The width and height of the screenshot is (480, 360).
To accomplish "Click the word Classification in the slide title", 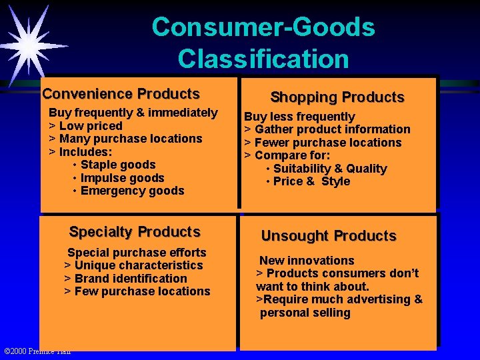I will tap(263, 59).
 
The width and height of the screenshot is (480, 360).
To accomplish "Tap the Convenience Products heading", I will tap(121, 94).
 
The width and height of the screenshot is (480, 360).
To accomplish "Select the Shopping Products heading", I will tap(337, 97).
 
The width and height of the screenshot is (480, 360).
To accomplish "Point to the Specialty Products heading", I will tap(135, 232).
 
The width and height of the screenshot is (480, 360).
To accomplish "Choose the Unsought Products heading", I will tap(329, 236).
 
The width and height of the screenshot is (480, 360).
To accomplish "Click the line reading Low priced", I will tap(86, 126).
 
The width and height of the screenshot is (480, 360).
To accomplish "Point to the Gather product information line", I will tap(327, 129).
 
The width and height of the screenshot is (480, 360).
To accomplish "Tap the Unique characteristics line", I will tap(133, 265).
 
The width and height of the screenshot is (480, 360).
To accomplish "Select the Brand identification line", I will tap(125, 279).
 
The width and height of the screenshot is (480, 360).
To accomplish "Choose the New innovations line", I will tap(307, 261).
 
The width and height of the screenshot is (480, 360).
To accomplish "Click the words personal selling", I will tap(305, 313).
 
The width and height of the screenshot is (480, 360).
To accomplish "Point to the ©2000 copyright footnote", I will tap(37, 351).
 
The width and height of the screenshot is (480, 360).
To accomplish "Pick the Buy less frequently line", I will tap(299, 117).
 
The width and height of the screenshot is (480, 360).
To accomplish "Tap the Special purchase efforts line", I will tap(137, 253).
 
